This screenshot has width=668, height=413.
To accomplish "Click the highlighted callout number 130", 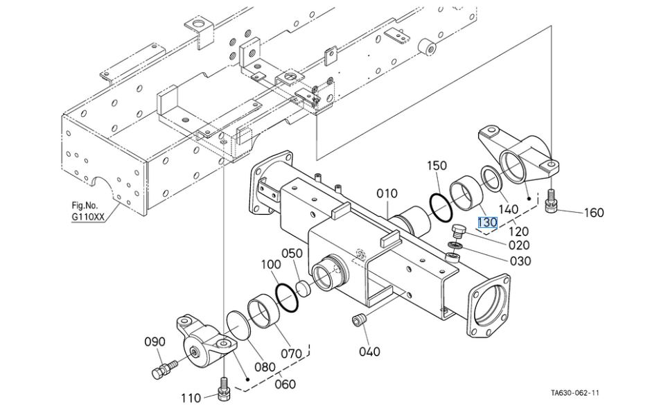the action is point(487,222).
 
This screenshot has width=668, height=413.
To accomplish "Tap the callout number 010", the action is point(387,193).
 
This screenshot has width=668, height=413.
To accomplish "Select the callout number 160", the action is point(594,212).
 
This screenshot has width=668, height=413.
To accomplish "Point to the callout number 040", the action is point(369,351).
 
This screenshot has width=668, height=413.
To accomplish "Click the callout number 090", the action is point(155,342).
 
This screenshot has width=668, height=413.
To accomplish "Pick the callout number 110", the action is point(191,398).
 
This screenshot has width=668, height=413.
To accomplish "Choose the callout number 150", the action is point(437,166).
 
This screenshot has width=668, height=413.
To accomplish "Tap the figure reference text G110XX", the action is point(88,216).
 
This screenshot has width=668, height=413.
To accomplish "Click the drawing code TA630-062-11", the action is point(574,392).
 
